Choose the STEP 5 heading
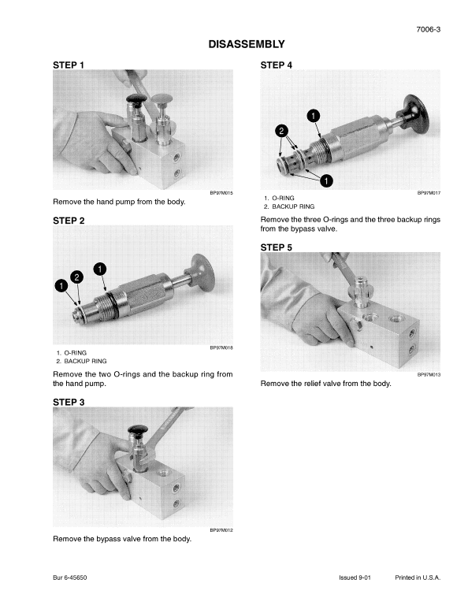(276, 247)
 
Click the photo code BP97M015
(221, 191)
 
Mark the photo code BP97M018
(221, 347)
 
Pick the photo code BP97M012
(221, 530)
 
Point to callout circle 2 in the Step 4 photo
(281, 129)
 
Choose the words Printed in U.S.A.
(418, 577)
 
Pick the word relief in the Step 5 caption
(313, 384)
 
